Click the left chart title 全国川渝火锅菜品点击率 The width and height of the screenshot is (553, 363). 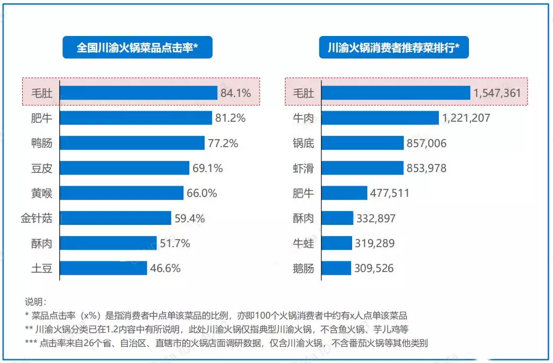[x=137, y=48]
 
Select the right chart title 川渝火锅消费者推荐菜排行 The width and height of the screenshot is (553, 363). [x=393, y=48]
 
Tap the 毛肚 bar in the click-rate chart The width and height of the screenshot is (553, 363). [x=139, y=93]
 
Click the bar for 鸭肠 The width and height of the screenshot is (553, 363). [x=132, y=143]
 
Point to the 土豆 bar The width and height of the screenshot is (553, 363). [x=104, y=268]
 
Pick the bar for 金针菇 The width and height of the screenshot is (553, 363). [x=116, y=218]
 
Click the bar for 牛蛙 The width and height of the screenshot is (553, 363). [x=337, y=243]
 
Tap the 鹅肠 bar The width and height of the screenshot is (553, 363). [x=336, y=268]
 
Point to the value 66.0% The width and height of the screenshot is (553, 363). [x=201, y=193]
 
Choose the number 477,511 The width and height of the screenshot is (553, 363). [x=390, y=193]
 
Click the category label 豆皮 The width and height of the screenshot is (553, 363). [x=42, y=168]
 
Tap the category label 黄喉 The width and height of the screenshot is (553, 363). [x=42, y=193]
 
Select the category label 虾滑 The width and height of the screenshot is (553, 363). [x=303, y=168]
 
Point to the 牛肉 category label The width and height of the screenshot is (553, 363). [x=303, y=118]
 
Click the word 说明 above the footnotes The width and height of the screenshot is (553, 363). [x=36, y=302]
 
